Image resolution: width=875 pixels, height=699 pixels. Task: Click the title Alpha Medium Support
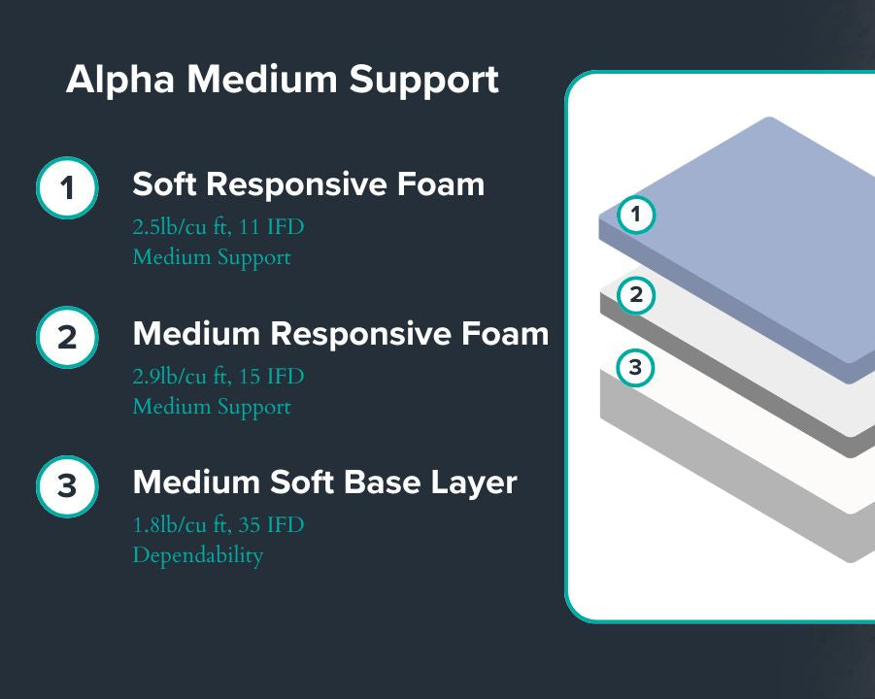(x=282, y=80)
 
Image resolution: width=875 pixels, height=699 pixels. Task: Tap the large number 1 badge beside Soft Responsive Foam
(x=67, y=187)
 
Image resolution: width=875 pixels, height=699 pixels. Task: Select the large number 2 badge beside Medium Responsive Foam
(x=67, y=337)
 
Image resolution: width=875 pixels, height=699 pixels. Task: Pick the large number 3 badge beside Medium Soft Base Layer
(x=67, y=485)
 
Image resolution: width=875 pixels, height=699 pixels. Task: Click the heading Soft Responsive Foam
(x=308, y=183)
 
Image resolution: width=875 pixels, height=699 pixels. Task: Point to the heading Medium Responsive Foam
(x=340, y=333)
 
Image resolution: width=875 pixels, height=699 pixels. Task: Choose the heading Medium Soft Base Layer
(x=324, y=482)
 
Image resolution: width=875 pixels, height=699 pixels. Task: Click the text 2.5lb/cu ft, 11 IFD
(x=218, y=228)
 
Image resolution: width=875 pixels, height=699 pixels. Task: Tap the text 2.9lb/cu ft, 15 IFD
(x=218, y=377)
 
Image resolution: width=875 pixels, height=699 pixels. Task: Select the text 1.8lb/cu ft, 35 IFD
(x=218, y=526)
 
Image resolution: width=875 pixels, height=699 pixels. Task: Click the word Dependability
(x=197, y=556)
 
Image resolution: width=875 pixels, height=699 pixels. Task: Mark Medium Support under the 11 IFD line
(x=211, y=258)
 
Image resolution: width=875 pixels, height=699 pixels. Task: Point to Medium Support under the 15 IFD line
(x=211, y=407)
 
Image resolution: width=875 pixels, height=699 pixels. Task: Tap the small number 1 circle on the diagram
(x=636, y=215)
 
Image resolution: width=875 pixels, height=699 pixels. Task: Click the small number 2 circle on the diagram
(x=636, y=294)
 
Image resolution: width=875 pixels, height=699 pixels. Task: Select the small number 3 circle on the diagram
(x=635, y=368)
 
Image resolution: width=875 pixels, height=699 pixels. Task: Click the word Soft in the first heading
(x=169, y=183)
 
